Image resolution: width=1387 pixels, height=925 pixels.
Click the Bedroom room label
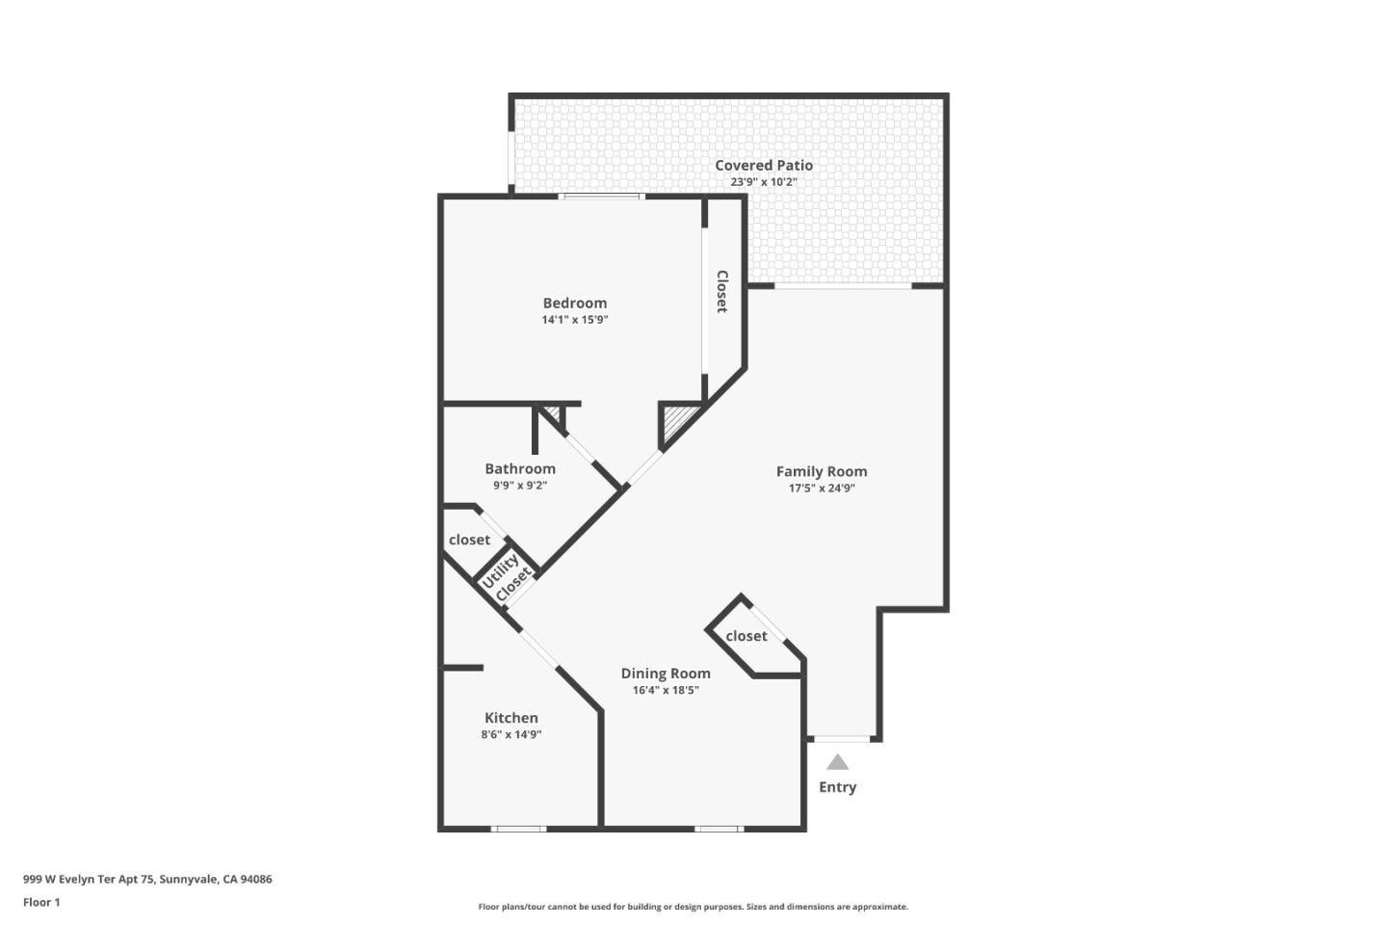pyautogui.click(x=575, y=303)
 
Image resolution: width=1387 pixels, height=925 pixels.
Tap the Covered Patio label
pyautogui.click(x=763, y=165)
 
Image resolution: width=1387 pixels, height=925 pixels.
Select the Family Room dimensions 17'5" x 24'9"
pyautogui.click(x=822, y=488)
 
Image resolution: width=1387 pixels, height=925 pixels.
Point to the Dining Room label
pyautogui.click(x=666, y=674)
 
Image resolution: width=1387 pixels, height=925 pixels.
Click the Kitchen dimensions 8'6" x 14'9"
pyautogui.click(x=511, y=734)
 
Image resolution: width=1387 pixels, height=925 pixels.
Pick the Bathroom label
pyautogui.click(x=520, y=468)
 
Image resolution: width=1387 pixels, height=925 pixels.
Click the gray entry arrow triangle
pyautogui.click(x=838, y=762)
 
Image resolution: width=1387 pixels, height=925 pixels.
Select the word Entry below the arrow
pyautogui.click(x=838, y=787)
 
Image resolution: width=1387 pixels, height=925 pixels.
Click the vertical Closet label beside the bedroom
pyautogui.click(x=721, y=291)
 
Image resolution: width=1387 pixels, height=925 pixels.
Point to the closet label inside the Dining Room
pyautogui.click(x=746, y=636)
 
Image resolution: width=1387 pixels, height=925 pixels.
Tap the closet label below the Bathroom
pyautogui.click(x=469, y=540)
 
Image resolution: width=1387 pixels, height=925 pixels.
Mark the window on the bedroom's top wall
pyautogui.click(x=603, y=197)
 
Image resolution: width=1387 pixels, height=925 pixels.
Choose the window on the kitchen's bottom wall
pyautogui.click(x=519, y=828)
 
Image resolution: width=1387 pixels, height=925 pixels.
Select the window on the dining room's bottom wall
pyautogui.click(x=719, y=828)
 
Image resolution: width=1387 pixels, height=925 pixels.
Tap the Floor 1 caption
pyautogui.click(x=41, y=902)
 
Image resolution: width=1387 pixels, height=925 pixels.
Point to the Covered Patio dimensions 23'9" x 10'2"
pyautogui.click(x=763, y=181)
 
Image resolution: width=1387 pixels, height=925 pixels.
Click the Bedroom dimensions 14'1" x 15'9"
pyautogui.click(x=575, y=319)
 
